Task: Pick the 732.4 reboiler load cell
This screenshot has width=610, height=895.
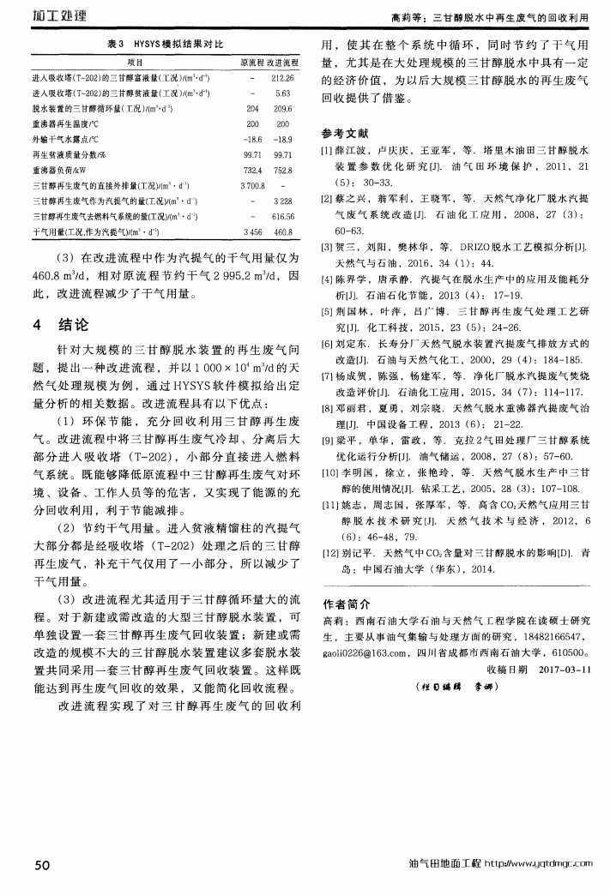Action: pyautogui.click(x=252, y=170)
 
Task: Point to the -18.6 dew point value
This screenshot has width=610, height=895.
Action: pyautogui.click(x=252, y=140)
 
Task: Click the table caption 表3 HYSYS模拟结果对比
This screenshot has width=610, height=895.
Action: pyautogui.click(x=164, y=43)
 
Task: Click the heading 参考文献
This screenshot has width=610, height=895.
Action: pyautogui.click(x=344, y=134)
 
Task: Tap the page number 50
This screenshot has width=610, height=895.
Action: pyautogui.click(x=41, y=864)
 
